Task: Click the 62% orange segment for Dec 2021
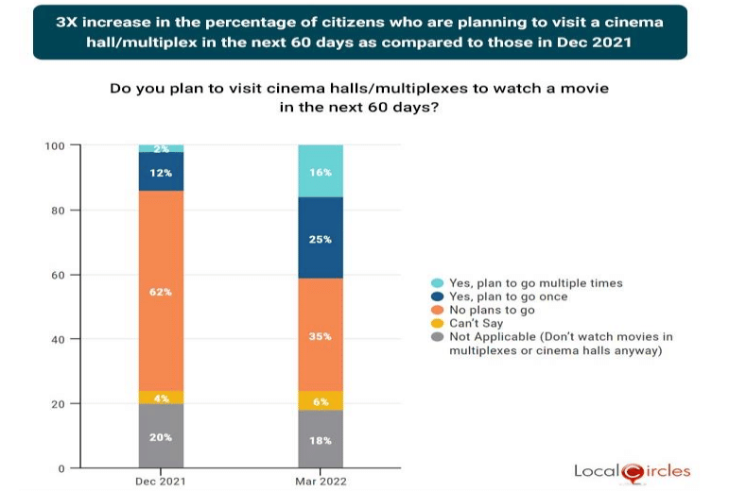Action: (x=161, y=291)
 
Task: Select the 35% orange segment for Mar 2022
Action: (x=321, y=334)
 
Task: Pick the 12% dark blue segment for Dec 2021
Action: (x=161, y=172)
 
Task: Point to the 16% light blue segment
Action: (x=321, y=172)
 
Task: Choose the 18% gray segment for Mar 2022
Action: (x=321, y=439)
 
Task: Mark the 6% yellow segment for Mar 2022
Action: (x=321, y=400)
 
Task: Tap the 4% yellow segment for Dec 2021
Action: (x=161, y=398)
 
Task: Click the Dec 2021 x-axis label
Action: (x=161, y=482)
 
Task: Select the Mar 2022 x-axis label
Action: (x=321, y=482)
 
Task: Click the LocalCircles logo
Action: (x=632, y=470)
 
